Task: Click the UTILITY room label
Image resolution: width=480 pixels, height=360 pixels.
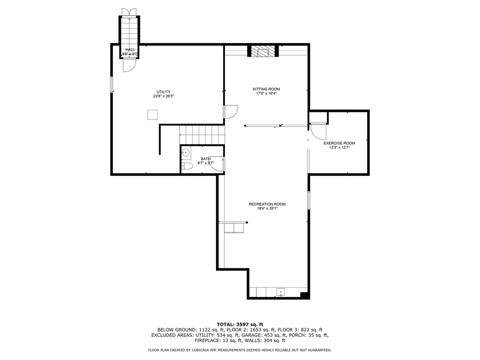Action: coord(164,92)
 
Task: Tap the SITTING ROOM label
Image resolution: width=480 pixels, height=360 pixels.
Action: coord(266,89)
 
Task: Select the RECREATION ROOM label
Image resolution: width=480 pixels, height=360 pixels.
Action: coord(267,204)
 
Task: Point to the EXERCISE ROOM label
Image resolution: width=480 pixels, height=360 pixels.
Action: coord(339,143)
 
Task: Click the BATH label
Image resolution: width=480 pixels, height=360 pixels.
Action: coord(206,159)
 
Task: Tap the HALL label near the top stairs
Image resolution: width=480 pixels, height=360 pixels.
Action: coord(130,50)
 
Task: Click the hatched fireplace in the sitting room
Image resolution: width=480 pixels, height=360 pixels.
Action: coord(263,51)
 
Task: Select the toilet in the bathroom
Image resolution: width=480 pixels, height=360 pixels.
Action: coord(187,166)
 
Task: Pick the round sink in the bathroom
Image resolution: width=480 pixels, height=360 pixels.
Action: coord(186,152)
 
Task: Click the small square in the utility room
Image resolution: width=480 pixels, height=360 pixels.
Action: coord(152,114)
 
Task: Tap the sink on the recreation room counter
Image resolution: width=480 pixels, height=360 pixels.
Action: coord(281,292)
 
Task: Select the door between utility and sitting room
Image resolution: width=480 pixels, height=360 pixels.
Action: coord(231,112)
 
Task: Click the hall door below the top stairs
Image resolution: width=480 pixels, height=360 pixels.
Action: coord(129,65)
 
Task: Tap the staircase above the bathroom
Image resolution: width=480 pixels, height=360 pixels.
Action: coord(202,135)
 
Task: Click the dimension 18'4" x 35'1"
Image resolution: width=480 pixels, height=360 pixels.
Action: coord(267,209)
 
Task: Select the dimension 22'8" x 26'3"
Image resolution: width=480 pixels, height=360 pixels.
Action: coord(164,96)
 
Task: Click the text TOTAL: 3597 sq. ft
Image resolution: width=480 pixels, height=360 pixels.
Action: coord(240,324)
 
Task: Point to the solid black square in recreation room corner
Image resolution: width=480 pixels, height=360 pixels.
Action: coord(304,295)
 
